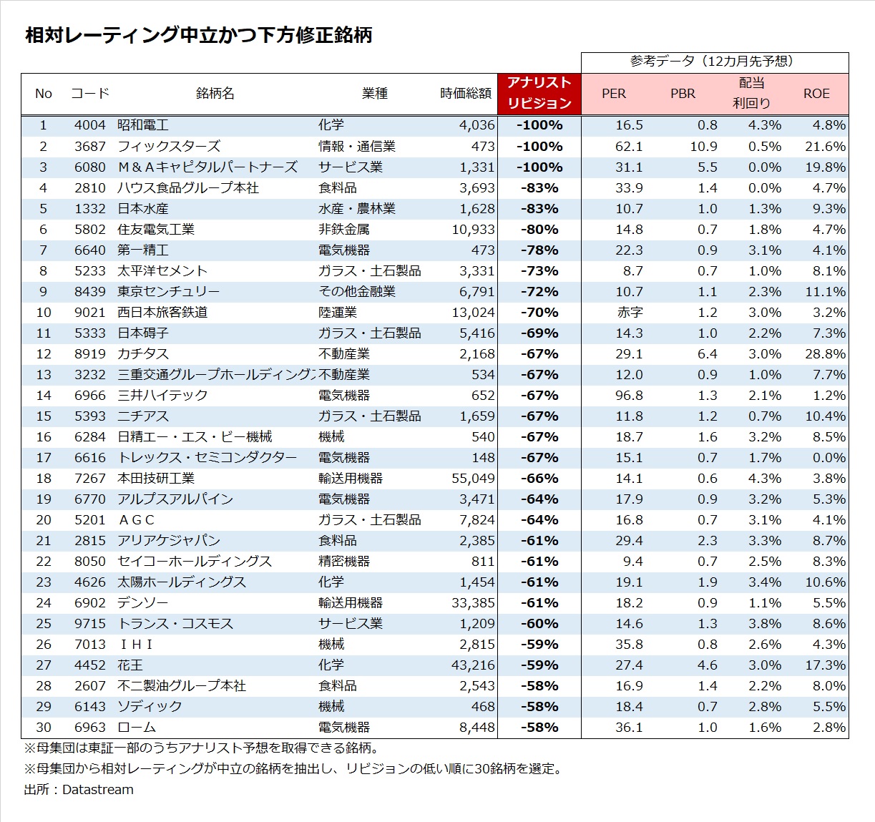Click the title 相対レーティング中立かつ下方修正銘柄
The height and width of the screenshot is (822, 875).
199,35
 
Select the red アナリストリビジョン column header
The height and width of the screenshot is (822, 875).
539,93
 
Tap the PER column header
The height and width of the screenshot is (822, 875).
614,94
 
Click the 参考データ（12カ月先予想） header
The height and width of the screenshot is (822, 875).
714,62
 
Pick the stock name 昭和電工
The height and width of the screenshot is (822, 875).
143,125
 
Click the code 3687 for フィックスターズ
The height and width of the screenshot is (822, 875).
89,146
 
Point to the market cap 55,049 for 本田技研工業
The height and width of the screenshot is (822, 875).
473,478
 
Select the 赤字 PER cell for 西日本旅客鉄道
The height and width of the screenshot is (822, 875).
630,312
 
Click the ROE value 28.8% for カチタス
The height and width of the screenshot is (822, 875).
825,353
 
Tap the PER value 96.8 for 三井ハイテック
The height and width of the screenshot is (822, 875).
629,395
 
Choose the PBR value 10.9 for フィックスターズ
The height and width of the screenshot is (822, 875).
703,146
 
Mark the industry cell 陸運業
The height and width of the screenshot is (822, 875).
338,312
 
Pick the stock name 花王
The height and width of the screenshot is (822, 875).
130,665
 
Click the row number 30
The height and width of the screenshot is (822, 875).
44,727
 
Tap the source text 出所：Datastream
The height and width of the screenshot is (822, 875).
79,790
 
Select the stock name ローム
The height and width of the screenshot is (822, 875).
137,727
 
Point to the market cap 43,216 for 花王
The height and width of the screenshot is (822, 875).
473,665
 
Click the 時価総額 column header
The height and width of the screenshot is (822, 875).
466,94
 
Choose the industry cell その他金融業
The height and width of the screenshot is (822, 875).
357,291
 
